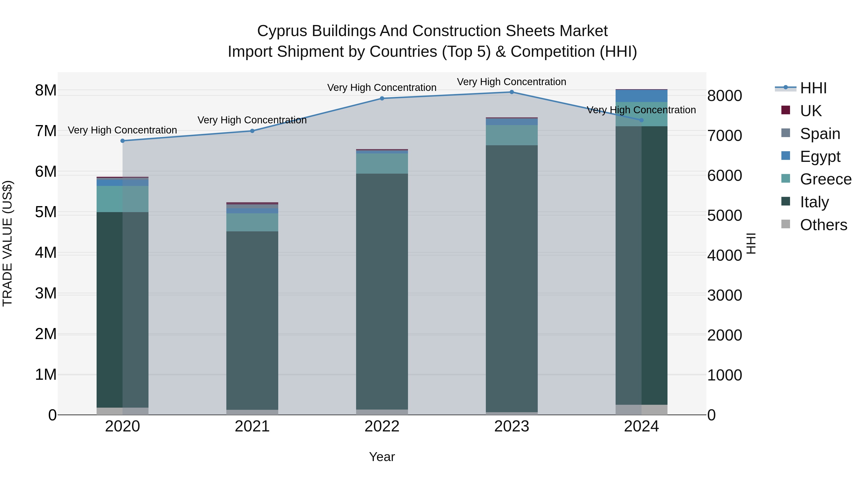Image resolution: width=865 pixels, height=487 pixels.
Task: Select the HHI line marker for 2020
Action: click(x=123, y=141)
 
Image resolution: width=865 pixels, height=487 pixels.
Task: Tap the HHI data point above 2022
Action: click(x=382, y=98)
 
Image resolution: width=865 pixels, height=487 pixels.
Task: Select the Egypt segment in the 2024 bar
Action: click(x=641, y=96)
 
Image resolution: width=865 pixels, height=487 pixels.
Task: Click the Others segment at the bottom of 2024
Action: click(x=641, y=410)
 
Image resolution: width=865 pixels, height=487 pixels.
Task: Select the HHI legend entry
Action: click(x=813, y=88)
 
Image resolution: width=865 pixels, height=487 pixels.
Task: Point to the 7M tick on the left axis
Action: click(x=46, y=131)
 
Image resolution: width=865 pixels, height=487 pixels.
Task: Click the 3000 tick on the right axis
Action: click(x=724, y=295)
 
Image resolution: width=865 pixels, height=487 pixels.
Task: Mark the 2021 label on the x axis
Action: click(x=252, y=426)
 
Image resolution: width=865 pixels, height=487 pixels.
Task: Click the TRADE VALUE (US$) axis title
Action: click(x=7, y=243)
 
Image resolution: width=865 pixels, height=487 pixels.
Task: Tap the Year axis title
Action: click(x=382, y=457)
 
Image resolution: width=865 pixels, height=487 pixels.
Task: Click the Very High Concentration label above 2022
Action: click(x=382, y=88)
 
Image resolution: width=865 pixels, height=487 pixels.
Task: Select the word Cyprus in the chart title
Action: click(x=282, y=31)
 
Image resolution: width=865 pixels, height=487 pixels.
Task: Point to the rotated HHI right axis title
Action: click(x=751, y=243)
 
